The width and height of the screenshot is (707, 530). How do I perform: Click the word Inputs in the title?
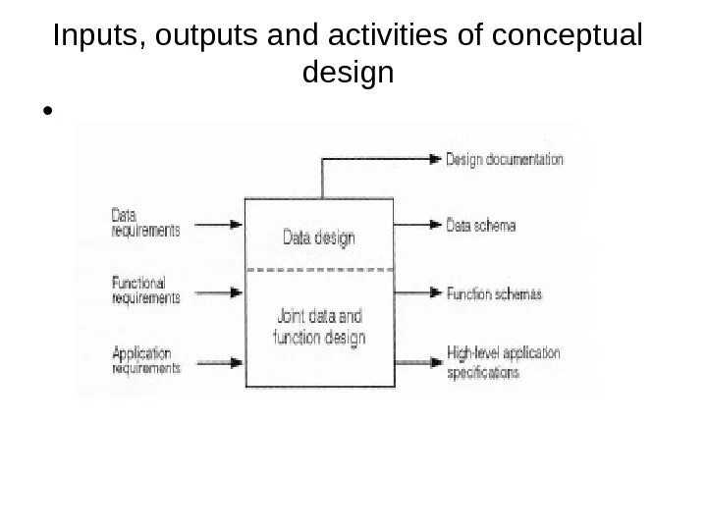click(x=86, y=36)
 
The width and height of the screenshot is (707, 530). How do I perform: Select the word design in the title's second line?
click(x=350, y=72)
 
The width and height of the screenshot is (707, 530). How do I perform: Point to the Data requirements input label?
click(x=145, y=223)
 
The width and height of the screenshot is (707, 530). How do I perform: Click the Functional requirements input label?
click(x=145, y=290)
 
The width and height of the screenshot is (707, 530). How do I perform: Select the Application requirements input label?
click(x=145, y=360)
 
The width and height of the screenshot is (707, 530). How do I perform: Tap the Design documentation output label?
click(x=505, y=158)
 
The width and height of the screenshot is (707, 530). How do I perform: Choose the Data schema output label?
click(x=480, y=225)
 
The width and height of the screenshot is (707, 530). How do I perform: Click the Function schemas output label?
click(x=494, y=293)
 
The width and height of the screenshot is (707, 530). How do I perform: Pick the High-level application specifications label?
click(x=503, y=362)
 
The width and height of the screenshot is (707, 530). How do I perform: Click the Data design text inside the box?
click(x=319, y=237)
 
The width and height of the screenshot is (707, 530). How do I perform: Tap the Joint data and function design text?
click(x=319, y=328)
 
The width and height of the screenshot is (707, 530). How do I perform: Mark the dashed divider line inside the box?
click(x=319, y=268)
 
